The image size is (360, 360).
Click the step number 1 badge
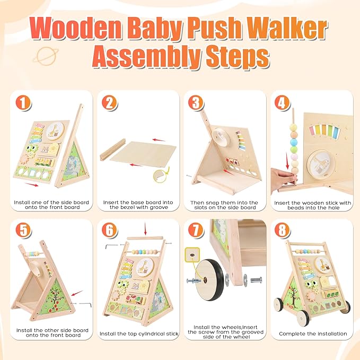23,103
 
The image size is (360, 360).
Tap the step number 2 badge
111,103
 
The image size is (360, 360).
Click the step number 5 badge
23,231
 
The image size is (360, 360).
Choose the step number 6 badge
111,231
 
